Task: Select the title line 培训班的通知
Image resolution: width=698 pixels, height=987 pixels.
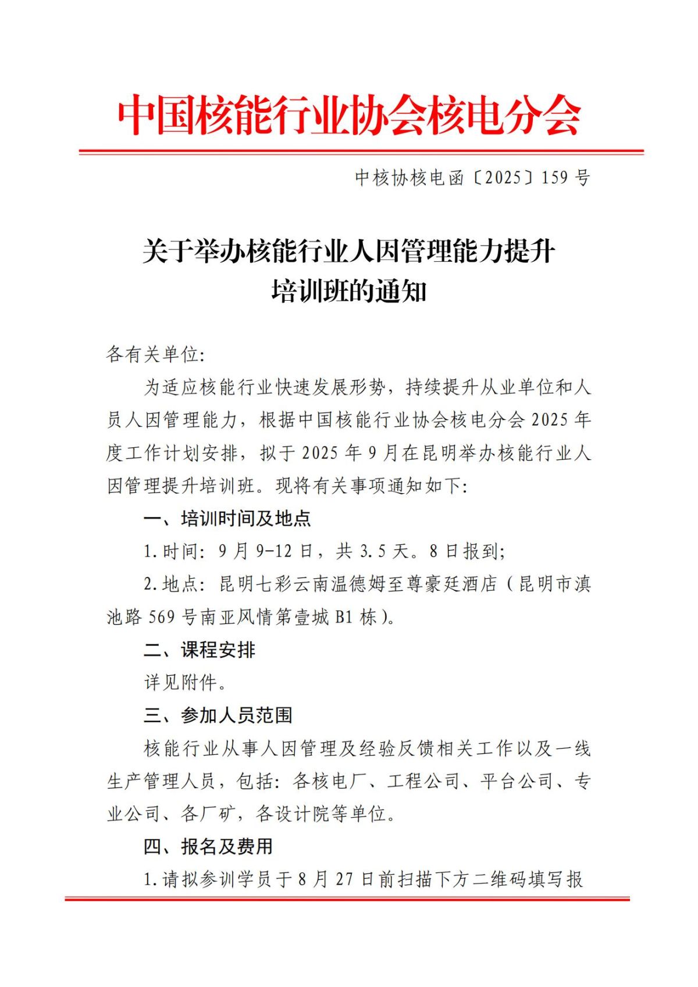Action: pyautogui.click(x=349, y=291)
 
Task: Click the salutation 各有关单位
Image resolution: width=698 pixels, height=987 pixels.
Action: pyautogui.click(x=155, y=354)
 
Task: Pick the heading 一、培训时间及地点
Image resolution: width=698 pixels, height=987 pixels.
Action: pyautogui.click(x=227, y=518)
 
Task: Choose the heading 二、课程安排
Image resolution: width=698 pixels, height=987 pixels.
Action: pyautogui.click(x=200, y=650)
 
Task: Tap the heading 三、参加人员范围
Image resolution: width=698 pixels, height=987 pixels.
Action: pyautogui.click(x=218, y=715)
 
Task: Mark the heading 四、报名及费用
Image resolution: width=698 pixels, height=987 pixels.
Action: pyautogui.click(x=209, y=846)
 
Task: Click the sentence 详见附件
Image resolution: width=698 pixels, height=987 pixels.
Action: pyautogui.click(x=185, y=682)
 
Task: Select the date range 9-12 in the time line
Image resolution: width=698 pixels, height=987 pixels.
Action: pyautogui.click(x=274, y=551)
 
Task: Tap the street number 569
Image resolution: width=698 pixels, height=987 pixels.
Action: pyautogui.click(x=162, y=617)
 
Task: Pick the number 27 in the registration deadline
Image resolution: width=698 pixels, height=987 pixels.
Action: pyautogui.click(x=344, y=879)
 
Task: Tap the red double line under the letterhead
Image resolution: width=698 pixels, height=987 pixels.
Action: pyautogui.click(x=361, y=152)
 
